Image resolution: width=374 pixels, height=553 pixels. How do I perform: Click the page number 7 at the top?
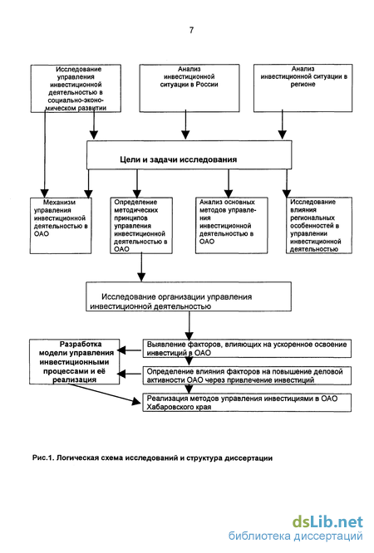(x=191, y=30)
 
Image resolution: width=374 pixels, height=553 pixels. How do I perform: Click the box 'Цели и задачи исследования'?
(x=189, y=154)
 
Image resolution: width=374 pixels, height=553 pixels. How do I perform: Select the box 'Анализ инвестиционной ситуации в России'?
(x=189, y=88)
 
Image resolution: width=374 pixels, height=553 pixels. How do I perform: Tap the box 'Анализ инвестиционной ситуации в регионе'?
(x=303, y=88)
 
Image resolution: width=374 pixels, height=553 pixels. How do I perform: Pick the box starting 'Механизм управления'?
(x=61, y=225)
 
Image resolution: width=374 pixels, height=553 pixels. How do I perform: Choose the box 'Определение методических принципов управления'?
(x=141, y=225)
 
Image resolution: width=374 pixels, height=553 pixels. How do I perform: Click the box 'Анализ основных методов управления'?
(x=232, y=225)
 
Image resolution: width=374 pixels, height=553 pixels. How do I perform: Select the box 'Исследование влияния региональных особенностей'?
(x=319, y=225)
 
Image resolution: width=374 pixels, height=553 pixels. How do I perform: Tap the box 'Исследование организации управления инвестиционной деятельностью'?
(x=189, y=296)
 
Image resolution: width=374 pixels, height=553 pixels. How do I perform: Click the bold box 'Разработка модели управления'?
(x=75, y=362)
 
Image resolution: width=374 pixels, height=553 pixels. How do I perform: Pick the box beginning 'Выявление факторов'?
(x=247, y=349)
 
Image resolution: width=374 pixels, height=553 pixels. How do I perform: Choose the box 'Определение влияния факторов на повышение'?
(x=247, y=375)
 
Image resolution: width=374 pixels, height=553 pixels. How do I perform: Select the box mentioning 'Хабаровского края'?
(x=247, y=403)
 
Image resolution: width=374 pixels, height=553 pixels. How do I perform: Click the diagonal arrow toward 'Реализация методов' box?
(x=105, y=394)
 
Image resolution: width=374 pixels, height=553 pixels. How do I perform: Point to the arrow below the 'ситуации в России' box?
(x=185, y=125)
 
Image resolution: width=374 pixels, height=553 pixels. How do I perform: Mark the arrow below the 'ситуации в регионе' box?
(x=282, y=125)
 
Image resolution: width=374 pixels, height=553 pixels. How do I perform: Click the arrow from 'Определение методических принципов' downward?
(x=141, y=267)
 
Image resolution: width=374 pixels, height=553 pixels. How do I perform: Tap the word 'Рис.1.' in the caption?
(x=42, y=458)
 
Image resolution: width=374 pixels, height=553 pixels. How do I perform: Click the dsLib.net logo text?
(x=327, y=521)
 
